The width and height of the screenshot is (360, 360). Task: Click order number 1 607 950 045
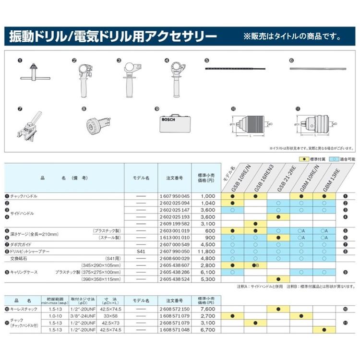[174, 196]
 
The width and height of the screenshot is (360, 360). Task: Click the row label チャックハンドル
[24, 196]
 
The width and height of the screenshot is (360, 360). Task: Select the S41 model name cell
[141, 251]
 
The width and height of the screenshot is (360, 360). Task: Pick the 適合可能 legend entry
[343, 158]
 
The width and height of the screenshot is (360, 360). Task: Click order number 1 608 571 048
[174, 331]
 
